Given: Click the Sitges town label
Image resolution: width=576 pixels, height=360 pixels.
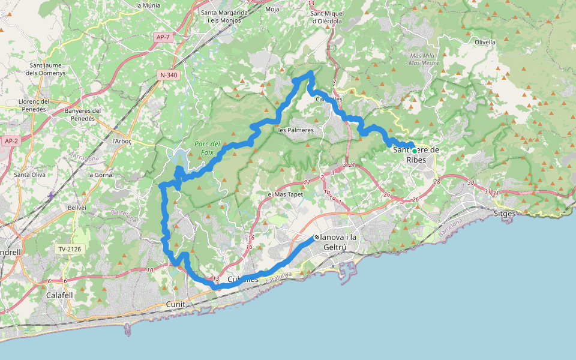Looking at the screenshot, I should [x=504, y=213].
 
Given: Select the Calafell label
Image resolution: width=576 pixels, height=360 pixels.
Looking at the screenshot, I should [x=59, y=295].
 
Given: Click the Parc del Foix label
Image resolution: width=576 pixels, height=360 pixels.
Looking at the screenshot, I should [x=207, y=148].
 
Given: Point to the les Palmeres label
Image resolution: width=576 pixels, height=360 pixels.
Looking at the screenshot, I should [x=296, y=130].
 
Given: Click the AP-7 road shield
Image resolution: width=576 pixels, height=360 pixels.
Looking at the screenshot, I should [x=163, y=37].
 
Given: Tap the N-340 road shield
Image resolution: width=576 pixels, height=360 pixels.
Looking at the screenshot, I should [x=169, y=75].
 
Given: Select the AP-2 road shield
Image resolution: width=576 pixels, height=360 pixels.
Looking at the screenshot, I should [x=11, y=141].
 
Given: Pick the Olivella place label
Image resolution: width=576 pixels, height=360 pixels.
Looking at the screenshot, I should [x=485, y=43].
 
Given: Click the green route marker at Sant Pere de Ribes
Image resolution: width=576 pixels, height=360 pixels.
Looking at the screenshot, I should [x=414, y=151].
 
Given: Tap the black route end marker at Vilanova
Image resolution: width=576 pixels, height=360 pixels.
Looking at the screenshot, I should [x=316, y=238].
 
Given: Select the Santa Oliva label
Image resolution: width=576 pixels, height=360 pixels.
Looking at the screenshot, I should [x=29, y=175].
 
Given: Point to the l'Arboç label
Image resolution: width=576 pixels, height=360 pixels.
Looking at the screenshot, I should [x=122, y=141].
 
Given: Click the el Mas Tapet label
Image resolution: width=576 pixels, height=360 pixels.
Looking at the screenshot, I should [x=286, y=194].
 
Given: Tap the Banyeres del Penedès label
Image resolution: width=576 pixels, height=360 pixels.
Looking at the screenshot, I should [x=83, y=115].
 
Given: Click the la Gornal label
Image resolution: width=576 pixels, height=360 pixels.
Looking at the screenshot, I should [x=100, y=175].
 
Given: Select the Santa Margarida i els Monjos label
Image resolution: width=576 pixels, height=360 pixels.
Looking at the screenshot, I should [x=224, y=16].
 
